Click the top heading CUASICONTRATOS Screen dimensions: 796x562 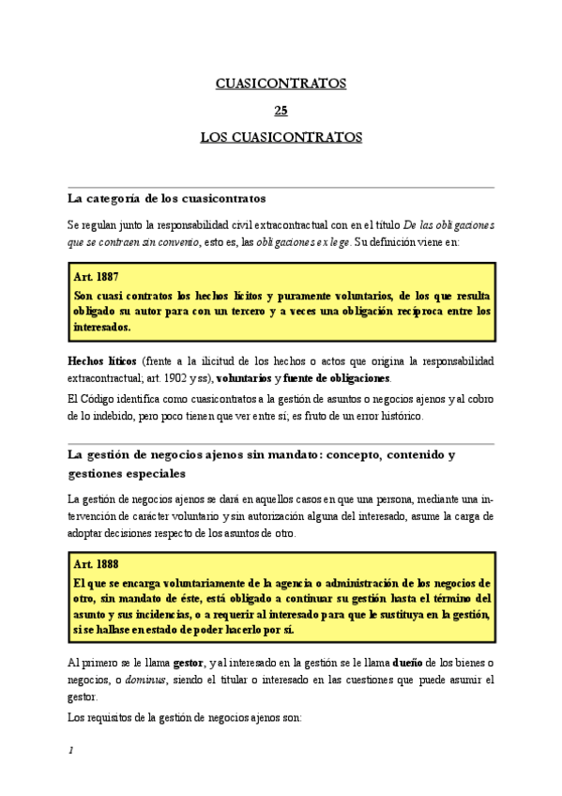(281, 84)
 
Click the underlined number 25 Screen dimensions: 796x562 (281, 110)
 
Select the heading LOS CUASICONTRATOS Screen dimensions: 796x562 (281, 137)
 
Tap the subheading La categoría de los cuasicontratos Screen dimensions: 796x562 (167, 198)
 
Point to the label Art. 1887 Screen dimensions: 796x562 (95, 278)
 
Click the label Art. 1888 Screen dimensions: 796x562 (95, 564)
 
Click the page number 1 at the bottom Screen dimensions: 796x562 (70, 751)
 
